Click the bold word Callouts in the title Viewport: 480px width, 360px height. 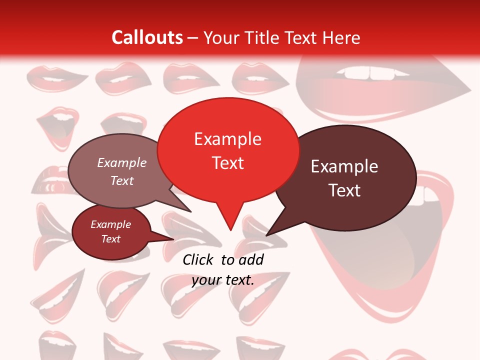[147, 37]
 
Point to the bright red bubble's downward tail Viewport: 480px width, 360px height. [230, 220]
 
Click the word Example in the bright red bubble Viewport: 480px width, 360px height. [227, 139]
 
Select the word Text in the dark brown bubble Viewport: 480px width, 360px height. [344, 190]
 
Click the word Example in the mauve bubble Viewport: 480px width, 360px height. [122, 163]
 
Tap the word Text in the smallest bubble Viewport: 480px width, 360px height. [111, 239]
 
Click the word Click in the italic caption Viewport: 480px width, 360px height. [199, 259]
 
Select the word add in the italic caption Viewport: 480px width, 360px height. [251, 259]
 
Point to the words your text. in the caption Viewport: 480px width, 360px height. [223, 280]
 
